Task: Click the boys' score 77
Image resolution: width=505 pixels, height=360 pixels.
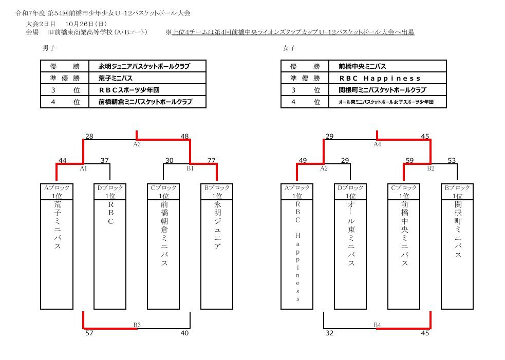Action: pyautogui.click(x=211, y=160)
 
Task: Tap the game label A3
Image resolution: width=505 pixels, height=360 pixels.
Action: pyautogui.click(x=137, y=144)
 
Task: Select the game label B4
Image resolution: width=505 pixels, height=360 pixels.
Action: pyautogui.click(x=377, y=325)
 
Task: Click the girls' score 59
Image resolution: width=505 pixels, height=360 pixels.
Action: pyautogui.click(x=409, y=160)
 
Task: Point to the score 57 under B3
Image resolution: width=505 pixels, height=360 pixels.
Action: pyautogui.click(x=89, y=333)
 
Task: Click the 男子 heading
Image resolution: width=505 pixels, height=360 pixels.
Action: pyautogui.click(x=49, y=48)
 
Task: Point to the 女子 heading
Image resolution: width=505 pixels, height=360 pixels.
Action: pyautogui.click(x=289, y=48)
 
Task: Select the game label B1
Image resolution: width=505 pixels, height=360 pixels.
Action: pyautogui.click(x=190, y=168)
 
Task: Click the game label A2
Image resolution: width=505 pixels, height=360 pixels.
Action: pyautogui.click(x=324, y=168)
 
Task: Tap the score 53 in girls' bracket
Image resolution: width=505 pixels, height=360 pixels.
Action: pyautogui.click(x=452, y=160)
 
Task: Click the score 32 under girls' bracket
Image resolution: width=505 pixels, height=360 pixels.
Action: pyautogui.click(x=330, y=333)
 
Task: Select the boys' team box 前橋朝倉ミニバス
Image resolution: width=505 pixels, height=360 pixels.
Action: pyautogui.click(x=163, y=247)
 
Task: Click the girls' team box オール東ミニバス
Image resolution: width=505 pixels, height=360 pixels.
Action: pyautogui.click(x=350, y=247)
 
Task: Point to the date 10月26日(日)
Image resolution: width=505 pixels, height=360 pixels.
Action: pyautogui.click(x=86, y=24)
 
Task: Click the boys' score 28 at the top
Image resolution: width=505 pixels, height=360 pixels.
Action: pyautogui.click(x=89, y=136)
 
